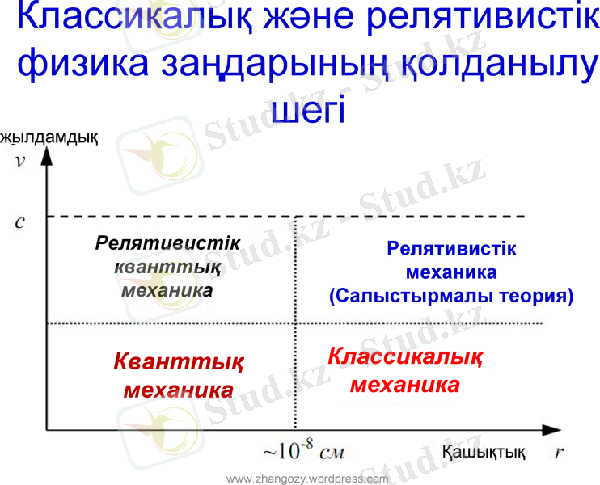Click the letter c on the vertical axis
[20, 221]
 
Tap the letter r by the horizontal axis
[558, 452]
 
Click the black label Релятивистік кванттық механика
[167, 266]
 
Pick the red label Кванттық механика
[180, 374]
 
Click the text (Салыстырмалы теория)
[450, 296]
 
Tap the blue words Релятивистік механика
[451, 260]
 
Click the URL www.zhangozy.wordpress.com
[307, 479]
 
